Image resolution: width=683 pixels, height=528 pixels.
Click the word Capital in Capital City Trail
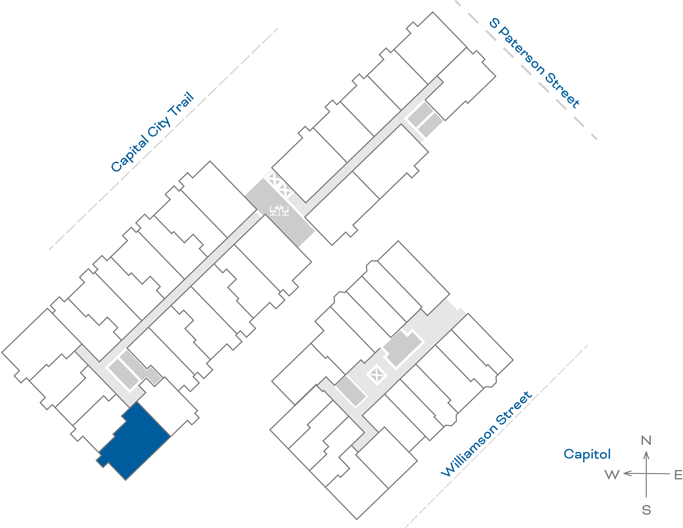tap(130, 154)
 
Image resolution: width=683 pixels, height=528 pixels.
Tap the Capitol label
tap(587, 454)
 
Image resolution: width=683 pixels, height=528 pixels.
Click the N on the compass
tap(646, 440)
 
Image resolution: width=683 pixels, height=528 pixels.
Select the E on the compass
tap(678, 475)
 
